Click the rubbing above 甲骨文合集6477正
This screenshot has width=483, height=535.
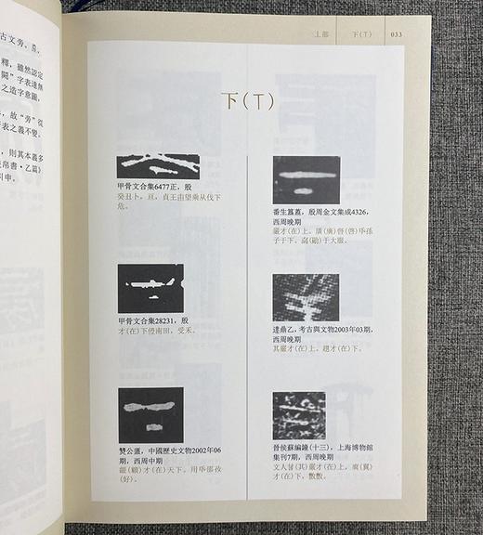[158, 166]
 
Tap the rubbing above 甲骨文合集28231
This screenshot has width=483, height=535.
[150, 288]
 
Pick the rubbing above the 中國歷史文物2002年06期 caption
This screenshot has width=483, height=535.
[150, 415]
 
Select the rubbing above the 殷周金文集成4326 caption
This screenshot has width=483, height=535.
[306, 179]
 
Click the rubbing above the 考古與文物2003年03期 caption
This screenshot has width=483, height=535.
[306, 297]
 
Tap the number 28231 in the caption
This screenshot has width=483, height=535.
[167, 321]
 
